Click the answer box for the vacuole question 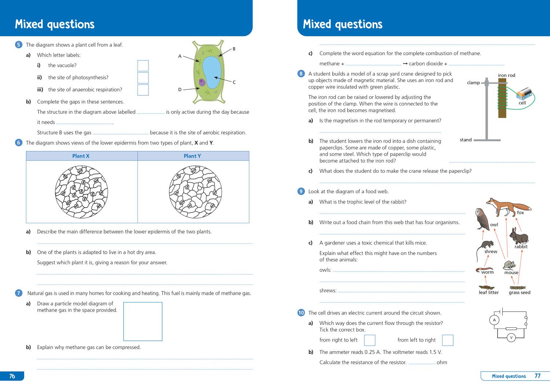(x=143, y=66)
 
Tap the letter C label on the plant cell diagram (x=234, y=82)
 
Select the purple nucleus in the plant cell (x=202, y=82)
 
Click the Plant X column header (x=81, y=156)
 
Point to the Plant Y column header (x=192, y=156)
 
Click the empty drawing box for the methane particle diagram (x=143, y=321)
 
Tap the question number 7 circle (x=19, y=293)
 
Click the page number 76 (x=12, y=376)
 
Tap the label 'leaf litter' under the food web (x=489, y=292)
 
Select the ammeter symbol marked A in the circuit (x=494, y=320)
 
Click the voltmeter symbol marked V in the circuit (x=511, y=338)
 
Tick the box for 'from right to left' (x=370, y=340)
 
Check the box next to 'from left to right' (x=448, y=340)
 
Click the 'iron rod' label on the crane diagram (x=506, y=76)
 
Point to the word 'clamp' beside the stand (x=473, y=83)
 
